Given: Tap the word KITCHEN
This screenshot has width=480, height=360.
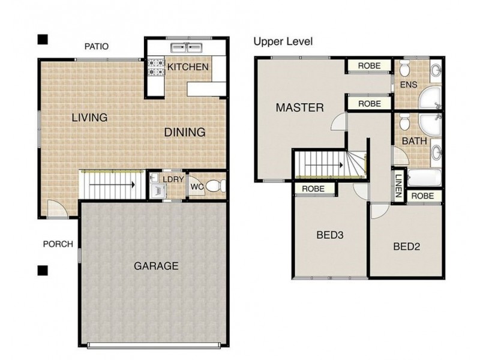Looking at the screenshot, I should coord(187,67).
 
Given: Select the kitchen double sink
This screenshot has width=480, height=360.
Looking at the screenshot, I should coord(185,47).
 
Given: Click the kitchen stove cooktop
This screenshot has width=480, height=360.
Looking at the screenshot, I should coord(155,67).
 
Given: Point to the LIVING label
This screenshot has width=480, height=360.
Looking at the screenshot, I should coord(89,117).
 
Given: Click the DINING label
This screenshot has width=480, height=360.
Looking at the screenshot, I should coord(185,132).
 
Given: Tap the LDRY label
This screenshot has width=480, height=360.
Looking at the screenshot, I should coord(173,178).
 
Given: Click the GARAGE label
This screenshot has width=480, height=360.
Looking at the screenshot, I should coord(155,266).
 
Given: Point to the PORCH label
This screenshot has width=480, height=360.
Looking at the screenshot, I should coord(58,244).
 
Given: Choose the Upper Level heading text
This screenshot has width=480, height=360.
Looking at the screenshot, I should coord(283,41).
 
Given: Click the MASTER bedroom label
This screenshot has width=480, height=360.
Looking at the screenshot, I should coord(299,108).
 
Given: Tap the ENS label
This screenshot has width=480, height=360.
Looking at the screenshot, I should coord(407,85).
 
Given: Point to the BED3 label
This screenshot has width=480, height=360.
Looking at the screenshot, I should coord(329,235).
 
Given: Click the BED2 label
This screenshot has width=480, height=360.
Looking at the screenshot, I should coord(406,246).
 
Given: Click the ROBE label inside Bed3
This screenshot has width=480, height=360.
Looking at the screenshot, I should coord(313,188).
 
